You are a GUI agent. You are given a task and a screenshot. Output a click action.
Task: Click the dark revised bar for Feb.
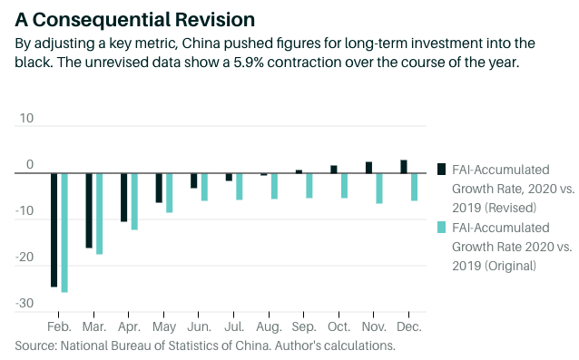(54, 230)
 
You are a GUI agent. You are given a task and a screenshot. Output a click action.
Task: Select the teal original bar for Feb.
(64, 233)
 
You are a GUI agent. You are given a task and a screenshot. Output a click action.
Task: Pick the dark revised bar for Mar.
(89, 210)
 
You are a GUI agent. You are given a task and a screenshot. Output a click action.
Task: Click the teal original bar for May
(169, 193)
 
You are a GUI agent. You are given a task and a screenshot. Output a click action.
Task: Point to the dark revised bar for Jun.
(194, 181)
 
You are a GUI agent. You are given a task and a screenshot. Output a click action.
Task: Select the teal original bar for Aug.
(274, 186)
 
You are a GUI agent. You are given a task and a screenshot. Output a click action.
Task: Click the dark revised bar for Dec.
(404, 167)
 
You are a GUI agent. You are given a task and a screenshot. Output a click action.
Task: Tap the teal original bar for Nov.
(379, 189)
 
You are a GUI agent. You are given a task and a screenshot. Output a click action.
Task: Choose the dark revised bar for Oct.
(334, 170)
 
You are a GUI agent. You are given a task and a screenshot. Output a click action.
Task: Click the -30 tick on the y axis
(25, 304)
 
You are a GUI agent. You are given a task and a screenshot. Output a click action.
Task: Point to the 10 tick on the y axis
(26, 119)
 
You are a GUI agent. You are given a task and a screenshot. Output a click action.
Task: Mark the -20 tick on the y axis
(25, 258)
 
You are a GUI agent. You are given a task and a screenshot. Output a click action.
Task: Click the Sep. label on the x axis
(304, 326)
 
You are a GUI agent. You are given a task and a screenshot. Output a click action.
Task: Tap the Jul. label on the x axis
(235, 326)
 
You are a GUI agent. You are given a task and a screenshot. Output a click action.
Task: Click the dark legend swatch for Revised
(441, 169)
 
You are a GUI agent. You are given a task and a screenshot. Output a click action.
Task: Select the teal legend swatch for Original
(441, 228)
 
